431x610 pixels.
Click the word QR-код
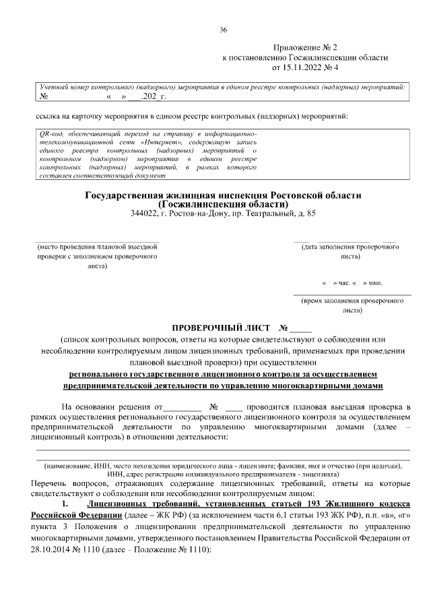click(x=51, y=135)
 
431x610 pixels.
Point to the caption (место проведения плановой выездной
click(x=98, y=247)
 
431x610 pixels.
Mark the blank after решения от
click(x=183, y=408)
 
